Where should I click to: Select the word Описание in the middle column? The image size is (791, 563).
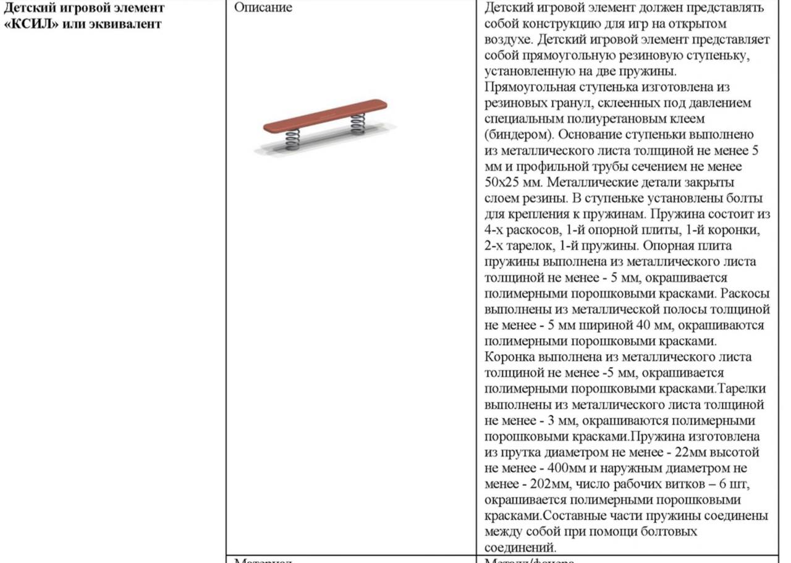point(263,8)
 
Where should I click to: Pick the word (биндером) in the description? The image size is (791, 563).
point(516,134)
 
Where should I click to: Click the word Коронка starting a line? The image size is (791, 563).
point(510,357)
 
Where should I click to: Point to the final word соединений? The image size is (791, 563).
point(520,548)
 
